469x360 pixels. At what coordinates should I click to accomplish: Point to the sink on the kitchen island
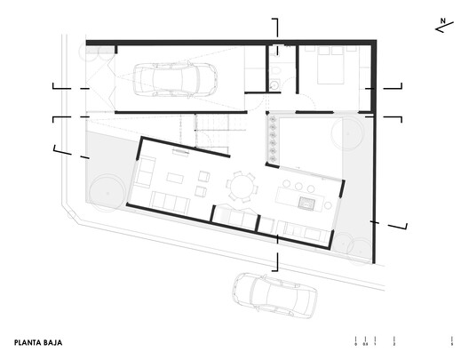pyautogui.click(x=309, y=204)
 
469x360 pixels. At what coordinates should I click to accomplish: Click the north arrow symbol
pyautogui.click(x=442, y=24)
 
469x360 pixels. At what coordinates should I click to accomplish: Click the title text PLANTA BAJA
pyautogui.click(x=37, y=340)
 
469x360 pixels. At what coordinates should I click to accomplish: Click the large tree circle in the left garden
pyautogui.click(x=107, y=188)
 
